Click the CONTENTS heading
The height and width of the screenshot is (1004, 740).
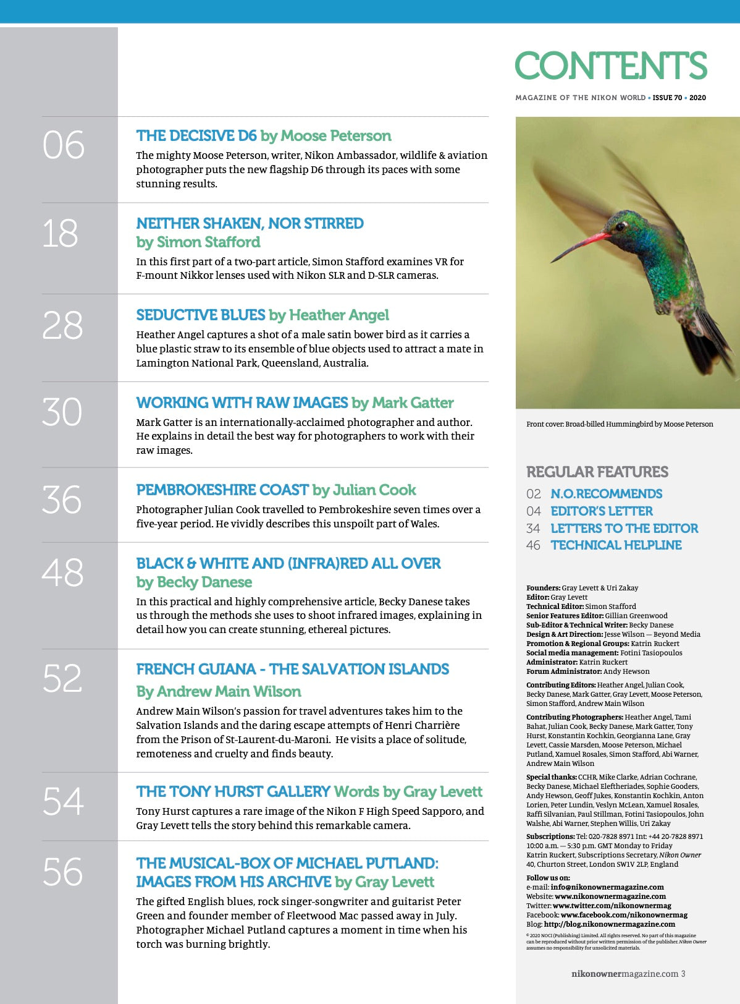point(610,66)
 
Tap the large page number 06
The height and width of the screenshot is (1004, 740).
point(63,146)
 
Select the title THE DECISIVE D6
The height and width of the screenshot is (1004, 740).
point(196,136)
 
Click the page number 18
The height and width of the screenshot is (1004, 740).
point(61,234)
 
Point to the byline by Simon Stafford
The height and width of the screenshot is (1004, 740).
point(198,242)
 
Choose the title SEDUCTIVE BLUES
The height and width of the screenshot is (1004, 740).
point(201,315)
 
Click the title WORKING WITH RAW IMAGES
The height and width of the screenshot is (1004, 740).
point(242,403)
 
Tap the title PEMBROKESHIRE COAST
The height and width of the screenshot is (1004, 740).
point(222,490)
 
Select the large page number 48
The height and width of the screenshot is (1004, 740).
point(62,572)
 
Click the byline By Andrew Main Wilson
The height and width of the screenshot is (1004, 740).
point(219,692)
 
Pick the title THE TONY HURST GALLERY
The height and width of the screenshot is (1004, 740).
point(233,792)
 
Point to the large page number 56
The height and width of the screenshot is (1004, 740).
point(62,872)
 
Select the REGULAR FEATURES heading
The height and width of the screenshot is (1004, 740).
point(597,472)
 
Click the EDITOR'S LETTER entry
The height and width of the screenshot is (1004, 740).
point(602,511)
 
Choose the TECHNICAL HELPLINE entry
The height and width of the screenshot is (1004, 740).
point(616,545)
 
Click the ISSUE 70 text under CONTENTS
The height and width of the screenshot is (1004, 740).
point(667,98)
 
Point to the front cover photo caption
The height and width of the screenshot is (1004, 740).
point(620,424)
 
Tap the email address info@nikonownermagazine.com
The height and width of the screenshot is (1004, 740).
point(607,887)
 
